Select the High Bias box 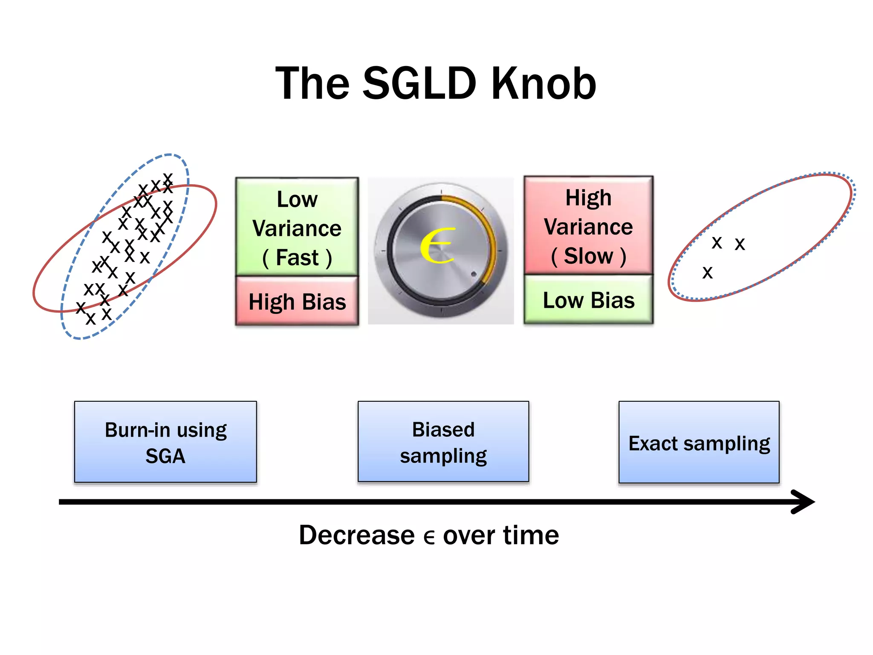[297, 301]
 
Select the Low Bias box [588, 300]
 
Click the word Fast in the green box [297, 258]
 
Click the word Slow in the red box [588, 256]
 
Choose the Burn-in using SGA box [165, 442]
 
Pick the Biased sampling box [443, 442]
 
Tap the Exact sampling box [699, 443]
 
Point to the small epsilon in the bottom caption [429, 537]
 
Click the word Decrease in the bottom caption [357, 535]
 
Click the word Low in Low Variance [297, 199]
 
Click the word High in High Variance [588, 198]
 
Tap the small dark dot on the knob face [474, 274]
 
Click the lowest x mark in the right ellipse [707, 272]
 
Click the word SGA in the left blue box [165, 456]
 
